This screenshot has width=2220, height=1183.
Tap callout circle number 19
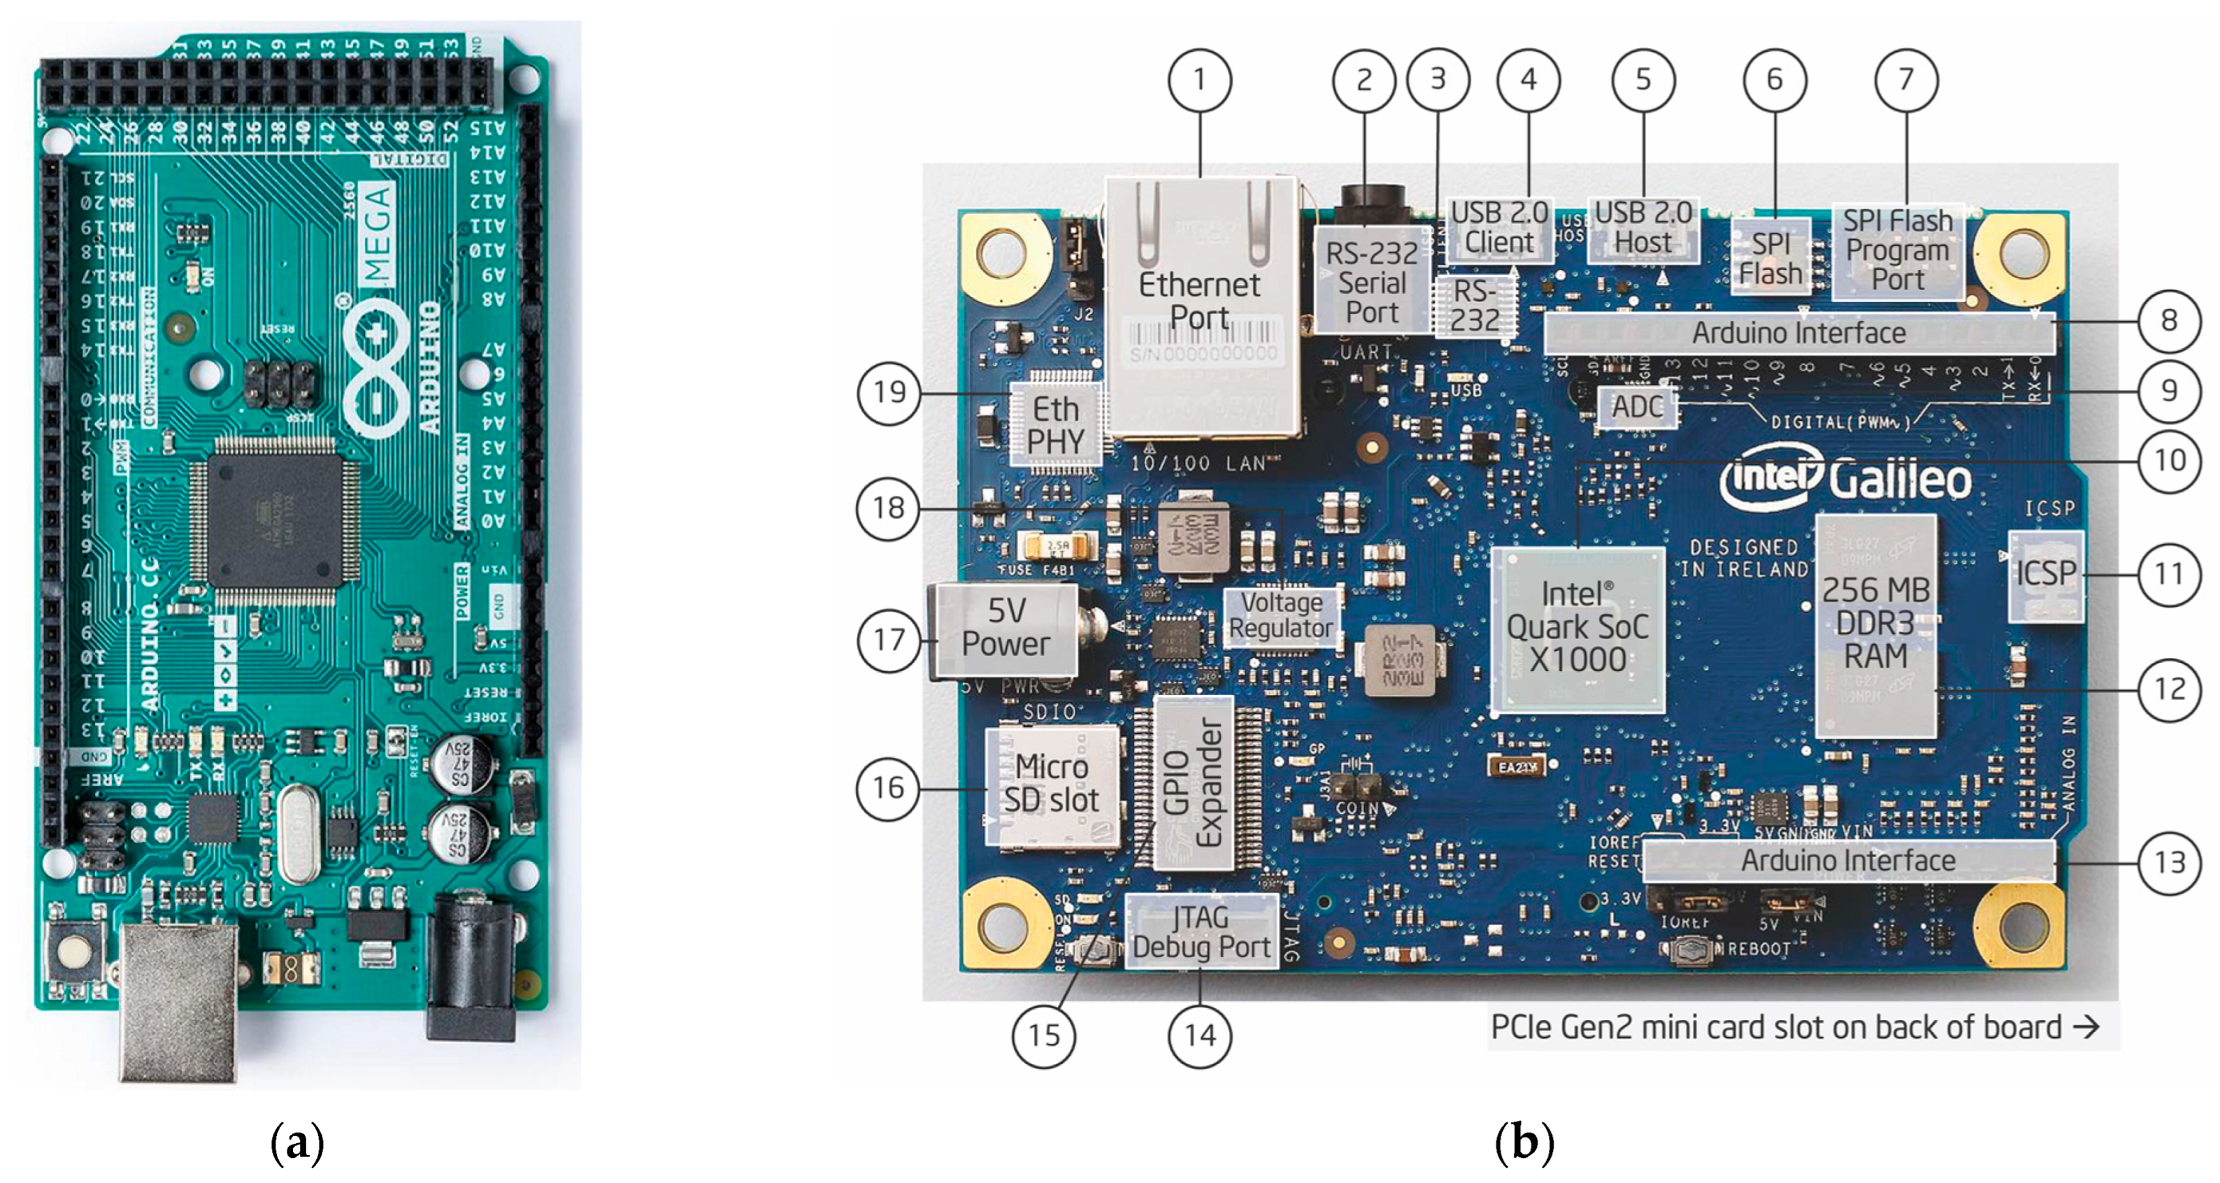889,393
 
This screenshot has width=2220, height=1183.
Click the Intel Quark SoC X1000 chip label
1577,627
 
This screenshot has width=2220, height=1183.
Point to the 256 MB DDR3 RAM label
1875,623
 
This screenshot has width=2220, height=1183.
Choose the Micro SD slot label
1052,783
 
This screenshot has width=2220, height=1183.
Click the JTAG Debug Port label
1201,932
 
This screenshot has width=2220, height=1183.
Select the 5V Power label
1005,628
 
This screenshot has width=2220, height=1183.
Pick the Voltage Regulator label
1281,615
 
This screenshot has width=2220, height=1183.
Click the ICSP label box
2045,574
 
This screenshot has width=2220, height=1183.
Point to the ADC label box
1637,407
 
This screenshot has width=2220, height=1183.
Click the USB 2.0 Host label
1642,227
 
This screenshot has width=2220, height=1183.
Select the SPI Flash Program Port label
1897,250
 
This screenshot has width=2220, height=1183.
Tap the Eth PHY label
1056,425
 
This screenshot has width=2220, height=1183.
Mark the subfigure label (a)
297,1142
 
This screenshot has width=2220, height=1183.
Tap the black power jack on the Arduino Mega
472,965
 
